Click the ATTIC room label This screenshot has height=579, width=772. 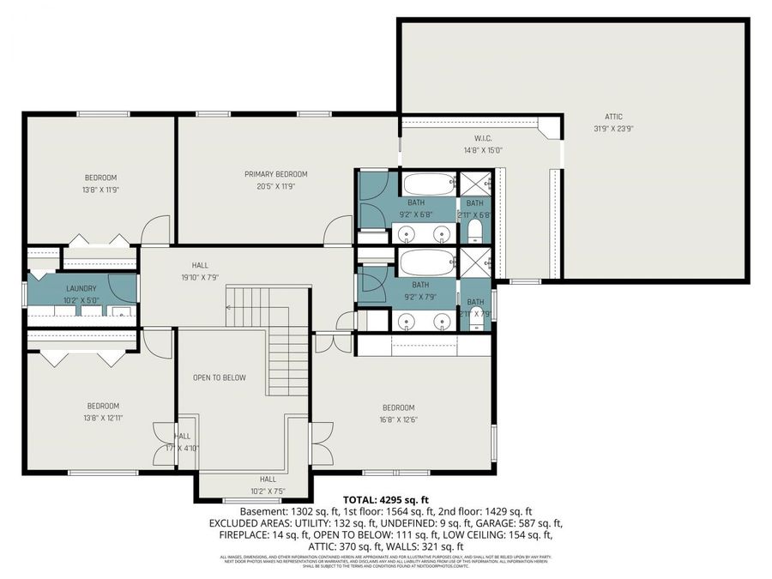(612, 117)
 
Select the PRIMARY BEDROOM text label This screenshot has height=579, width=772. (275, 174)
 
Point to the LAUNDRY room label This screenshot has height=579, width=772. (81, 289)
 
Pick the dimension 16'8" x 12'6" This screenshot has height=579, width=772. (398, 419)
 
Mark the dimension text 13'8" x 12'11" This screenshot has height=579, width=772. (102, 418)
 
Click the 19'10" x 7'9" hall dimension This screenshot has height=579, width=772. (200, 277)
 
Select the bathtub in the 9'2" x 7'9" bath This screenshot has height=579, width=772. (425, 262)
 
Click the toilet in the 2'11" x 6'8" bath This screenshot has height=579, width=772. (474, 230)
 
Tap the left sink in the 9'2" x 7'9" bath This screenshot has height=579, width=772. (407, 321)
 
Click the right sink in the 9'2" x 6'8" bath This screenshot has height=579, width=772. (442, 232)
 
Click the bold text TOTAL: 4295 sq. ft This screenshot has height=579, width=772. (385, 498)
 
